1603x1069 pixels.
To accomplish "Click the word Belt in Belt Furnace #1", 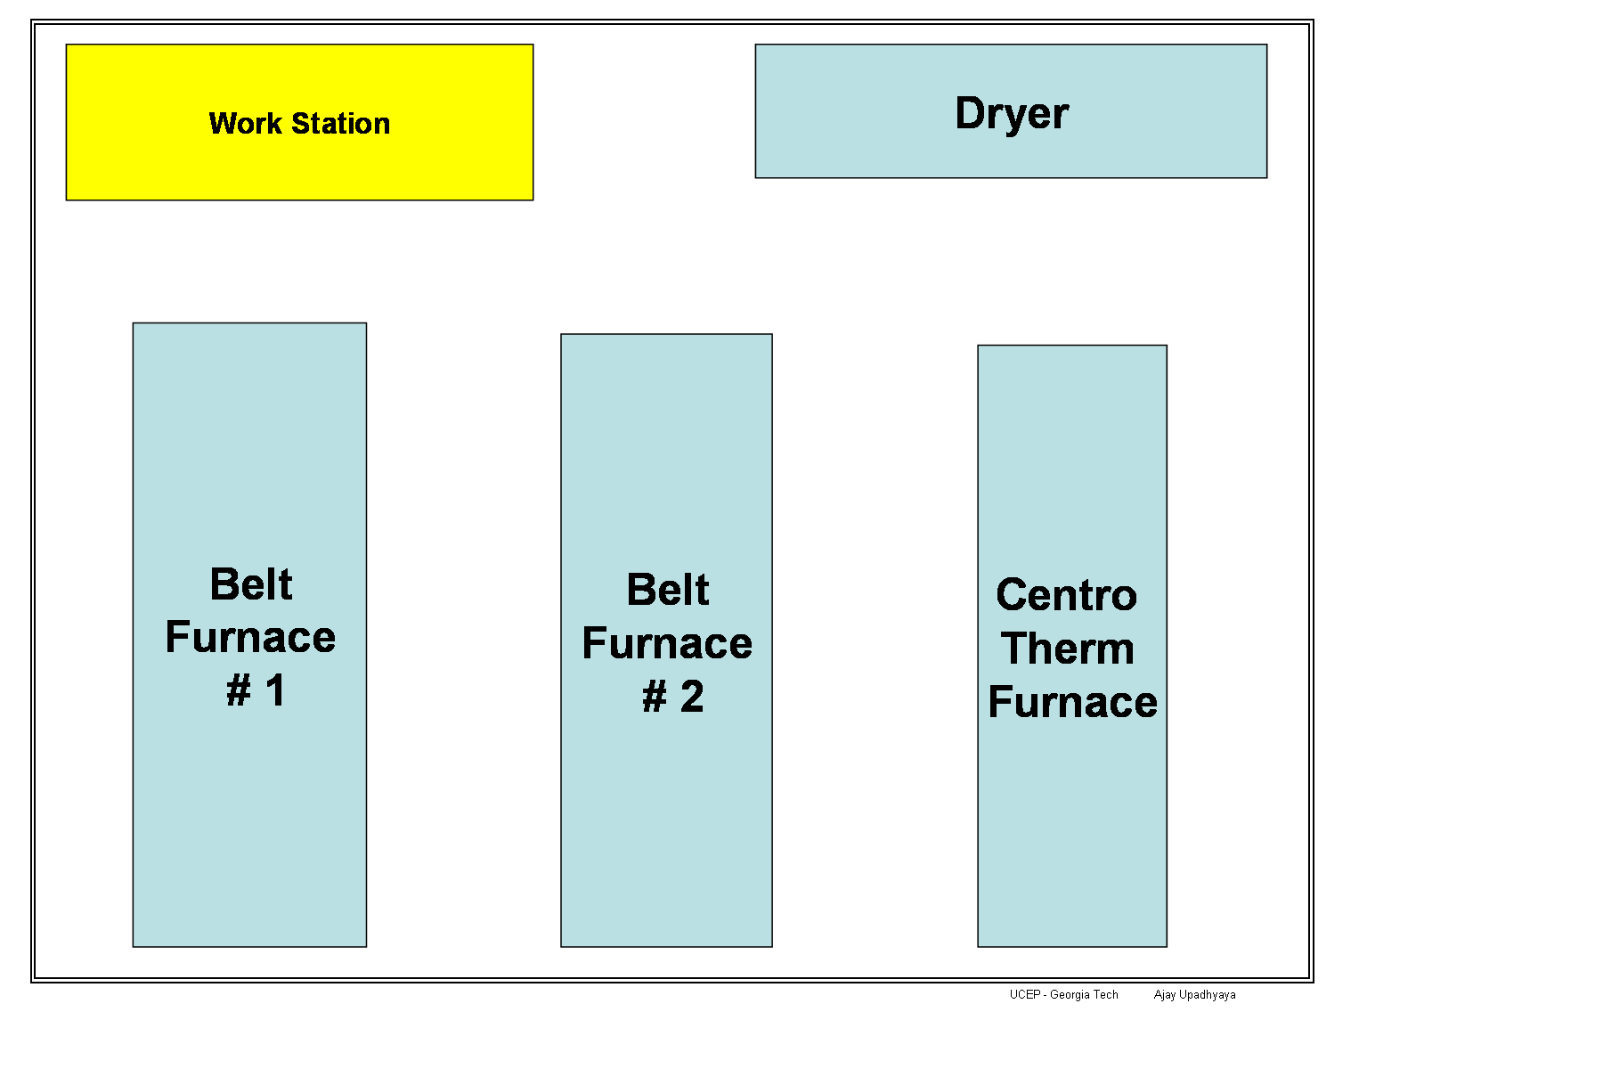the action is click(251, 584).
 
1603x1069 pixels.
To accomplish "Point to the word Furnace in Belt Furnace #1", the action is click(250, 637).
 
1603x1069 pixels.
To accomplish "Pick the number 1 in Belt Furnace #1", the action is click(275, 690).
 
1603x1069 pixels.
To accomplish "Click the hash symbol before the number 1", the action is click(239, 690).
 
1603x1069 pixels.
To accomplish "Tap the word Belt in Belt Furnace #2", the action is click(668, 590).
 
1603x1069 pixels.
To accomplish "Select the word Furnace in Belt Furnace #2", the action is click(667, 643).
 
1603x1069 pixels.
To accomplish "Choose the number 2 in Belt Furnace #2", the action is click(692, 697).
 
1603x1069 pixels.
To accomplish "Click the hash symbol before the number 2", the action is click(655, 697).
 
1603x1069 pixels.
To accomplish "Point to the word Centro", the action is click(1067, 595).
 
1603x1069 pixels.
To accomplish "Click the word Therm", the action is click(1068, 649).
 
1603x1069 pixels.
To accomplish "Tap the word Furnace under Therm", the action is click(1073, 702).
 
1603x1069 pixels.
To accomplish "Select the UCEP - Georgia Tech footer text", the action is click(1064, 995).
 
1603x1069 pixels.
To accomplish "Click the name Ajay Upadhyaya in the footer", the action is click(1195, 995).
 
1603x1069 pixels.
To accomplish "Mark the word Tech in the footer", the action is click(1106, 995).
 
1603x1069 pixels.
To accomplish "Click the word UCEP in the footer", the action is click(1025, 995).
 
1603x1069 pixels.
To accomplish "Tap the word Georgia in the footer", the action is click(1070, 995).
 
